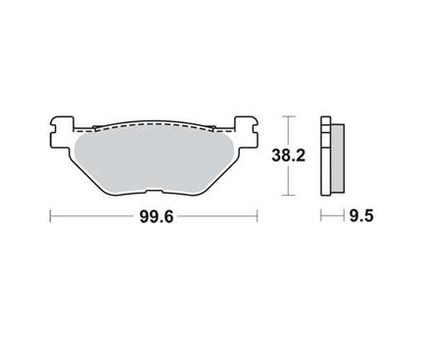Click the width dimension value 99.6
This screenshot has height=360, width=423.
pyautogui.click(x=156, y=216)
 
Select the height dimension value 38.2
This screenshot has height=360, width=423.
pyautogui.click(x=289, y=156)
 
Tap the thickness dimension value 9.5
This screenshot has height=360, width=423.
pyautogui.click(x=361, y=216)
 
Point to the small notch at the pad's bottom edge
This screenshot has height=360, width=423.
pyautogui.click(x=154, y=192)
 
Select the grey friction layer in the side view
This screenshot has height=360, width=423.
pyautogui.click(x=338, y=158)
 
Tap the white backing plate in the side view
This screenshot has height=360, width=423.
pyautogui.click(x=326, y=157)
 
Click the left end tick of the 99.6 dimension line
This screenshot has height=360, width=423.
pyautogui.click(x=50, y=216)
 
